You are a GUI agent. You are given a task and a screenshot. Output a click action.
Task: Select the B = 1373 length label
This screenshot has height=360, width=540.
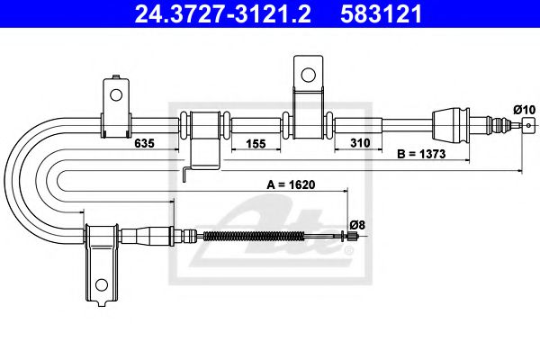[x=427, y=155]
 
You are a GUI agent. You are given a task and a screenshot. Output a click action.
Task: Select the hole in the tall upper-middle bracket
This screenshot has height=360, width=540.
[x=306, y=73]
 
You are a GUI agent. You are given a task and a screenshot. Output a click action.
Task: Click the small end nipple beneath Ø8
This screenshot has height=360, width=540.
[x=355, y=237]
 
